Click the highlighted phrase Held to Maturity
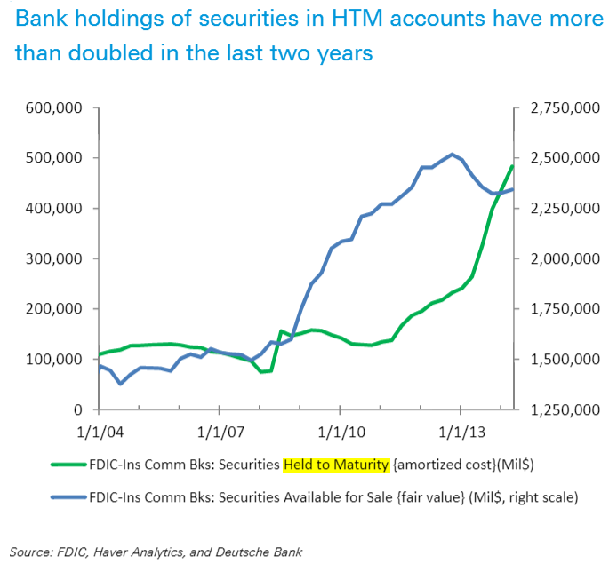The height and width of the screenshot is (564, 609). tap(336, 465)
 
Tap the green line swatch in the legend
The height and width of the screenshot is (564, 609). tap(60, 465)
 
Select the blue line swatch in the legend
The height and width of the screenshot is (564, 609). tap(60, 497)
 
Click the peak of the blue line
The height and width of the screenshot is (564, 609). tap(453, 154)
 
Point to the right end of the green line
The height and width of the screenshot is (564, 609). tap(513, 166)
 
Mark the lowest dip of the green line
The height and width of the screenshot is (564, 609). tap(262, 371)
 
